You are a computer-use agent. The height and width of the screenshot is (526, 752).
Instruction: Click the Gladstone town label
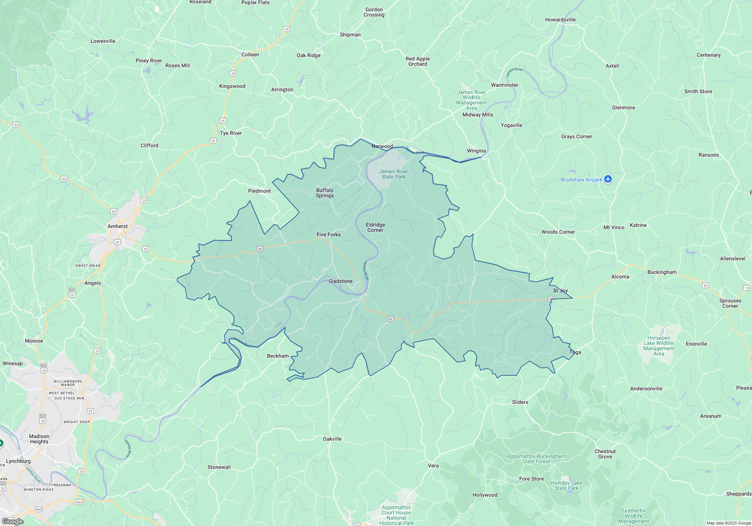340,281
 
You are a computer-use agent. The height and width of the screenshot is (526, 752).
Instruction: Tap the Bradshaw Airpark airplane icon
608,179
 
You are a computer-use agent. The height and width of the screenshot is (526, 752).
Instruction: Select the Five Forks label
328,234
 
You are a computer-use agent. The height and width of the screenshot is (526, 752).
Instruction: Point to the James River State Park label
393,174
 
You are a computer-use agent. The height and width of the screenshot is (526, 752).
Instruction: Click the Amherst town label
117,226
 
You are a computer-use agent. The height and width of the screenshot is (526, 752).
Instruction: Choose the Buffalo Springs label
324,193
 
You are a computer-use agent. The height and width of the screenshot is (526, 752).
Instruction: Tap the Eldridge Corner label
375,227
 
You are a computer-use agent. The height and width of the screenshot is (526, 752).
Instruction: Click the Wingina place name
476,151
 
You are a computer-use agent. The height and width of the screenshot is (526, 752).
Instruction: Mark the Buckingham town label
662,272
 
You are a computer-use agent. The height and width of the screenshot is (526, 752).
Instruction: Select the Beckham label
277,356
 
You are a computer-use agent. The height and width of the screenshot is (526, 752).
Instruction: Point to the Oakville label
332,439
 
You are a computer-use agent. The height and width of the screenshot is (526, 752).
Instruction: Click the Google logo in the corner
12,521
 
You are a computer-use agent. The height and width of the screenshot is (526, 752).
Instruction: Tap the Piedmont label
259,191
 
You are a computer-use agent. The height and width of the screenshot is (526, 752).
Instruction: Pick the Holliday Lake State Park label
566,485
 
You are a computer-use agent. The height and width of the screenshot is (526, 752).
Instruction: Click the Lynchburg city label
18,461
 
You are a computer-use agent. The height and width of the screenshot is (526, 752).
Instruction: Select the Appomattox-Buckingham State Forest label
536,459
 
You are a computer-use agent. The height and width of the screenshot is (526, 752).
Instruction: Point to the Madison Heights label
39,439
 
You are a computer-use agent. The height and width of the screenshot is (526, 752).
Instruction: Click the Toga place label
575,352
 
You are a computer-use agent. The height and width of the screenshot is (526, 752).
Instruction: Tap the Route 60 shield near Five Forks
260,249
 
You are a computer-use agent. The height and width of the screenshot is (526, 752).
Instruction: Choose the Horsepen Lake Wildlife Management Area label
658,346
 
